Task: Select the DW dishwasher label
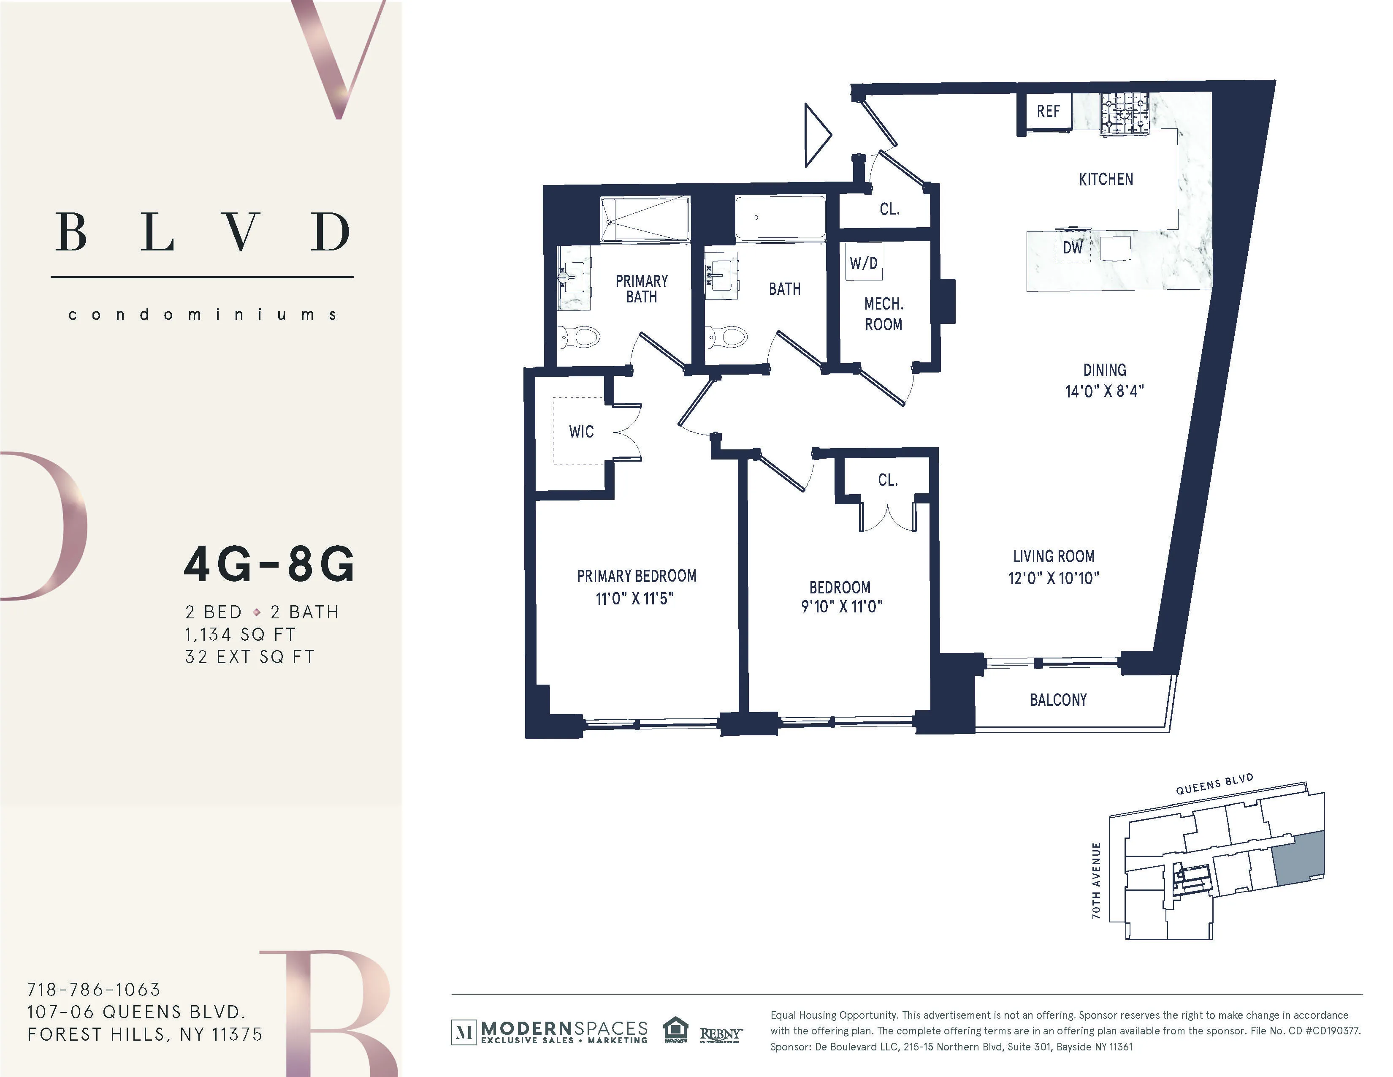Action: [x=1073, y=247]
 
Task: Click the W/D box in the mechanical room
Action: [x=864, y=262]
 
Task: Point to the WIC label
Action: [x=581, y=432]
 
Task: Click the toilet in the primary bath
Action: [x=580, y=336]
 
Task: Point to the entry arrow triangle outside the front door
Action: [x=816, y=135]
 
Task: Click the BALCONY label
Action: [x=1058, y=700]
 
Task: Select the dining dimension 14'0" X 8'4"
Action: [x=1104, y=391]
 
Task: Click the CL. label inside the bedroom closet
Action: [x=887, y=480]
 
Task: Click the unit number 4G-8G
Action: [x=269, y=565]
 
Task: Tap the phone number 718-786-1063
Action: [x=94, y=989]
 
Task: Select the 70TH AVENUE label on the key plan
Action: [x=1096, y=881]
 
